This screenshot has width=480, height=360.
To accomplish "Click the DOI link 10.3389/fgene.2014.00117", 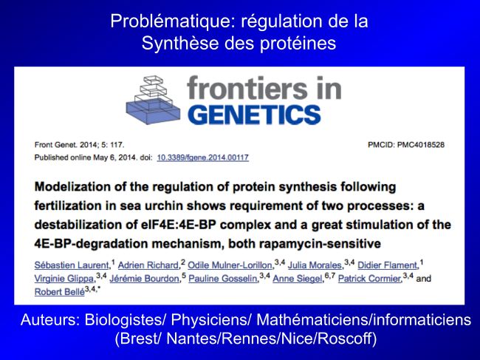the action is [x=202, y=157].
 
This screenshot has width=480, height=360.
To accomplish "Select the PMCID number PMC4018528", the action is [x=421, y=145].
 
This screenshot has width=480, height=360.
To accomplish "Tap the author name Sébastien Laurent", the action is [x=72, y=265].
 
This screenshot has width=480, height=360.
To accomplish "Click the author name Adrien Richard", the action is [x=148, y=265].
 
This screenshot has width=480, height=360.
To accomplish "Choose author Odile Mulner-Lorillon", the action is [x=230, y=265].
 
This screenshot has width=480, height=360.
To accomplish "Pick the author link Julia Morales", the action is [x=315, y=265].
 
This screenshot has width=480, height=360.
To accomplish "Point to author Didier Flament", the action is [x=387, y=265].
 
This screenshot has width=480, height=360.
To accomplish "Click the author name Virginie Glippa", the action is [x=64, y=279].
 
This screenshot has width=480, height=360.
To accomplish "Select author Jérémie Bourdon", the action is [x=144, y=279].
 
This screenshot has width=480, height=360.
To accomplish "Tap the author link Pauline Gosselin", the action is [x=223, y=279].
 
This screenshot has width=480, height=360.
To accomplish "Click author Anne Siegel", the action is [x=298, y=279].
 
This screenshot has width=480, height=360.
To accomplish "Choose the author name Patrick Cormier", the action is [x=369, y=279].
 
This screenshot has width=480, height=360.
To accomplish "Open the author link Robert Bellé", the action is [x=59, y=292].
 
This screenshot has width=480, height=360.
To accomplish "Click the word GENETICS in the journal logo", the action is [x=254, y=115].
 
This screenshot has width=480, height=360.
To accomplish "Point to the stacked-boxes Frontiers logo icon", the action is [x=153, y=100].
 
